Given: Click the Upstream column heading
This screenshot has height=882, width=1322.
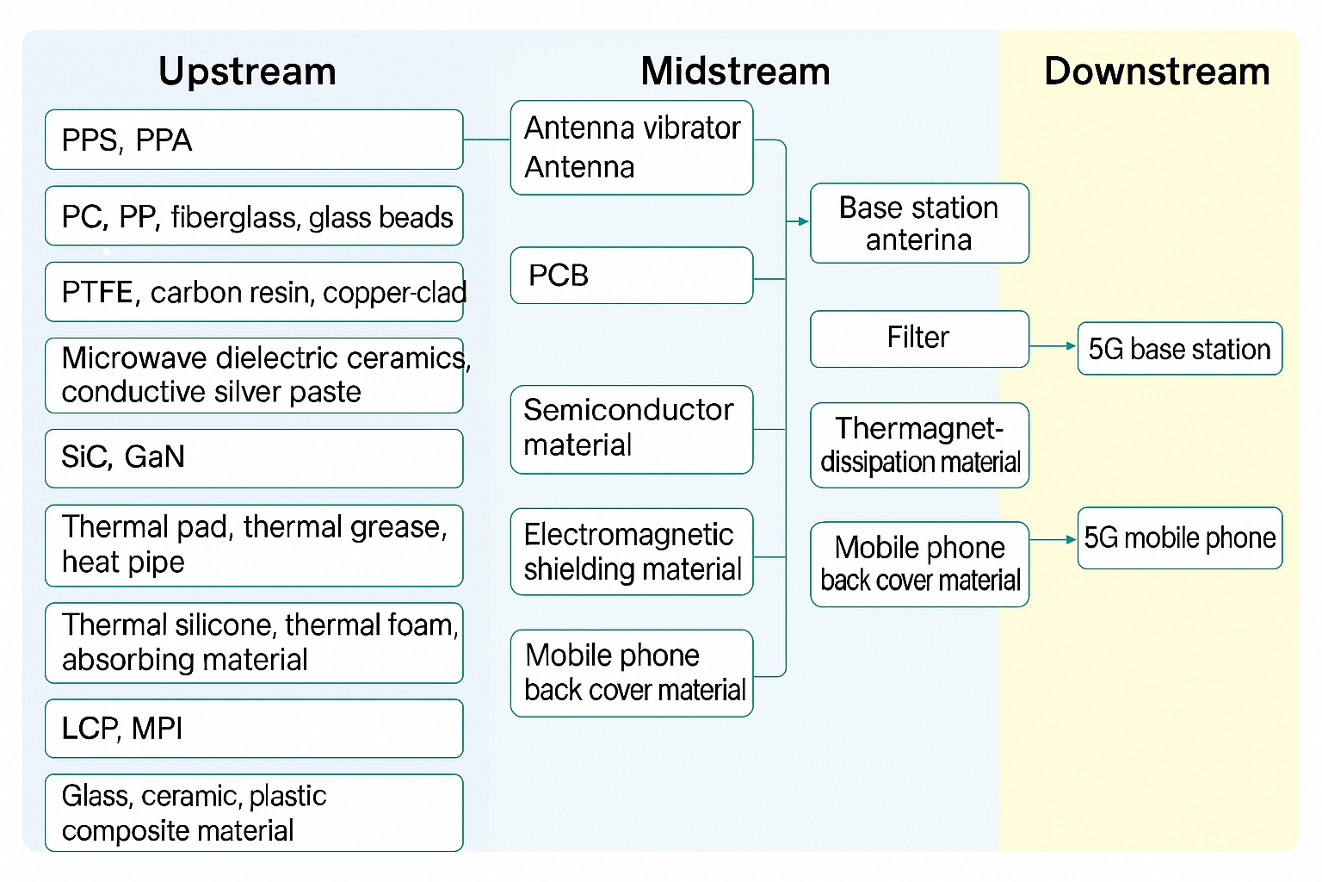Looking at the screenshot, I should pyautogui.click(x=247, y=71).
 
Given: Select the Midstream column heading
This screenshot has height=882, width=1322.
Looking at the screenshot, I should pyautogui.click(x=735, y=71).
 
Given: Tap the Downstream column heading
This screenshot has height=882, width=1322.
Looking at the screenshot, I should pyautogui.click(x=1156, y=71).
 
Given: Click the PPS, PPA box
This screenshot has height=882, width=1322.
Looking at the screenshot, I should pyautogui.click(x=254, y=140).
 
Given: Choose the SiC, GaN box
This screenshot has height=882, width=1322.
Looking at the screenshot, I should pyautogui.click(x=254, y=457).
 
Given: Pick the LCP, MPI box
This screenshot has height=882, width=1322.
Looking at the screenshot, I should pyautogui.click(x=254, y=729).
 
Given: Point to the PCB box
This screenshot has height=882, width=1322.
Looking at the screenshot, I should pyautogui.click(x=631, y=276).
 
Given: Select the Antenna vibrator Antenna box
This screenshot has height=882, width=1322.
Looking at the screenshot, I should pyautogui.click(x=631, y=147).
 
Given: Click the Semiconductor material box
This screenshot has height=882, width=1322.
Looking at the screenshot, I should pyautogui.click(x=631, y=429).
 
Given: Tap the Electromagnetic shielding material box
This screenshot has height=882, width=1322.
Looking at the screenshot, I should pyautogui.click(x=631, y=552).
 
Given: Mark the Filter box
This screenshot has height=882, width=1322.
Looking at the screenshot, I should pyautogui.click(x=919, y=339).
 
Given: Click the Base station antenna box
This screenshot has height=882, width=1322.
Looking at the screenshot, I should pyautogui.click(x=919, y=223).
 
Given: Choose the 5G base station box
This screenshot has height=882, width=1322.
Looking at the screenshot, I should pyautogui.click(x=1179, y=349).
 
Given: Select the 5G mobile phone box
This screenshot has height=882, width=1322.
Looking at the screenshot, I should pyautogui.click(x=1179, y=538).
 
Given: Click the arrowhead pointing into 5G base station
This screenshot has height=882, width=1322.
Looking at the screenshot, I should pyautogui.click(x=1071, y=346).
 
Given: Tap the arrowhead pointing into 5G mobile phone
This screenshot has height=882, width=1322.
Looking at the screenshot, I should pyautogui.click(x=1071, y=540).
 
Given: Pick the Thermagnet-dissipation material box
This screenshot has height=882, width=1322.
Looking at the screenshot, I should pyautogui.click(x=919, y=445).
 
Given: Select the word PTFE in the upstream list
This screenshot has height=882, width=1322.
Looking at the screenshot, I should pyautogui.click(x=97, y=293).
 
